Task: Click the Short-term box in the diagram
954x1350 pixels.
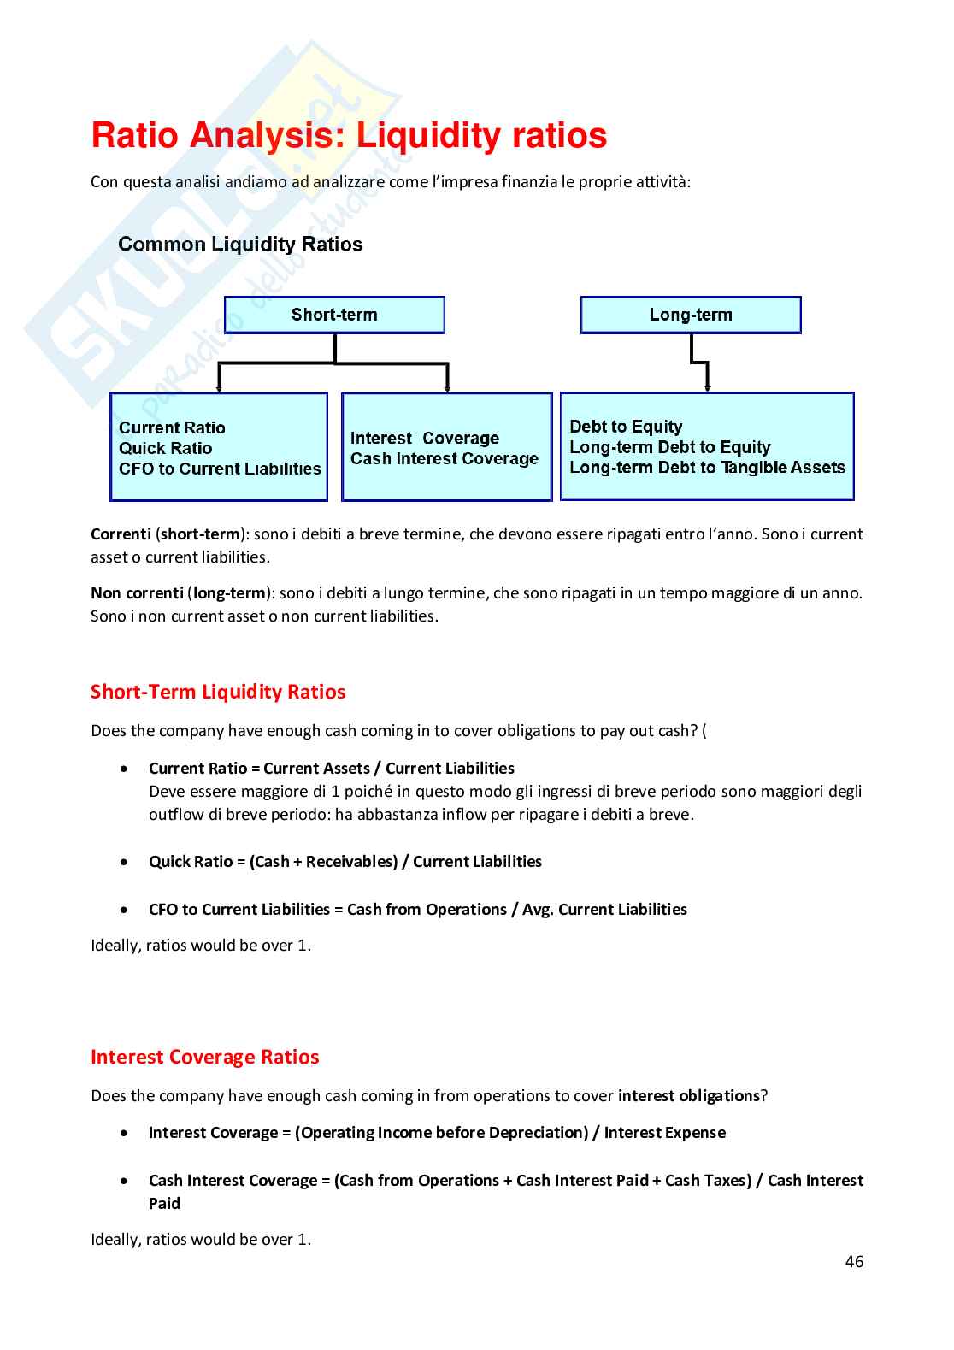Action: pos(334,315)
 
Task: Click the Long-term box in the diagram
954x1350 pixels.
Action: pos(691,315)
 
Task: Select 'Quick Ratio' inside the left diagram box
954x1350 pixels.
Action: pos(165,448)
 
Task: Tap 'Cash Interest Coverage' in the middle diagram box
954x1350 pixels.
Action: pos(445,458)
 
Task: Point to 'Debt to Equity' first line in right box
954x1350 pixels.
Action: pos(626,427)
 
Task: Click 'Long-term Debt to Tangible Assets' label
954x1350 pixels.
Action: pos(707,467)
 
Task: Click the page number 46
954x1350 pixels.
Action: pos(854,1261)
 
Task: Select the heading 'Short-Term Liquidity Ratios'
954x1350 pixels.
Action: pos(218,692)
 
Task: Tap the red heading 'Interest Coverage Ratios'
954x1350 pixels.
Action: pos(204,1057)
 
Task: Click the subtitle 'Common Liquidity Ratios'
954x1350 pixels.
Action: pos(240,245)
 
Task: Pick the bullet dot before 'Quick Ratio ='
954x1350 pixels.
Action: pos(126,862)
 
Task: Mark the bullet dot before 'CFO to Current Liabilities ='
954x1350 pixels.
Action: pos(126,910)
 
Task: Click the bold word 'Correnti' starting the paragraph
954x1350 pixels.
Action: pos(121,534)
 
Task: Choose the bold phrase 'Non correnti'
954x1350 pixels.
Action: pos(137,592)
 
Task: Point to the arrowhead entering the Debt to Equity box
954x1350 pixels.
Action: pos(708,388)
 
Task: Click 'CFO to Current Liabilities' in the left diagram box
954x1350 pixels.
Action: pos(220,469)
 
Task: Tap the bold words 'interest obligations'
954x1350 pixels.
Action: pos(688,1095)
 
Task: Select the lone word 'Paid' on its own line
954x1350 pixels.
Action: pos(164,1204)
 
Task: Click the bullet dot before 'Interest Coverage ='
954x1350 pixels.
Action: pos(126,1133)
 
